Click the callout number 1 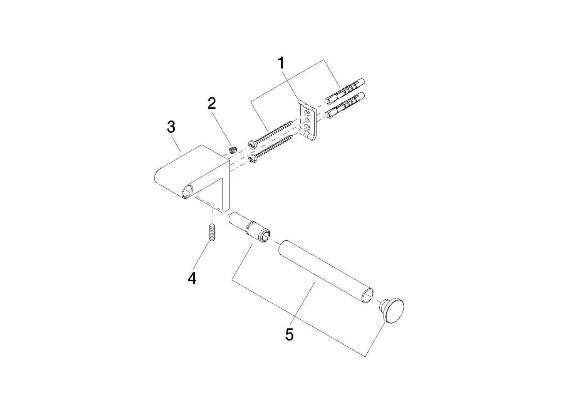click(x=281, y=63)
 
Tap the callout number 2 click(x=211, y=104)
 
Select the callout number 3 click(x=171, y=127)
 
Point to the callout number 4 click(x=192, y=278)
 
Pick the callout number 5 click(x=289, y=334)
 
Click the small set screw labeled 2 click(x=233, y=150)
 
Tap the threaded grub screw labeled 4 click(x=212, y=233)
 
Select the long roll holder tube click(x=326, y=272)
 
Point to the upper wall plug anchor click(x=345, y=91)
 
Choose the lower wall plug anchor click(x=345, y=105)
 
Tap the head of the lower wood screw click(x=251, y=159)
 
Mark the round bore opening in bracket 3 click(x=188, y=191)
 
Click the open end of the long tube click(x=368, y=296)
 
